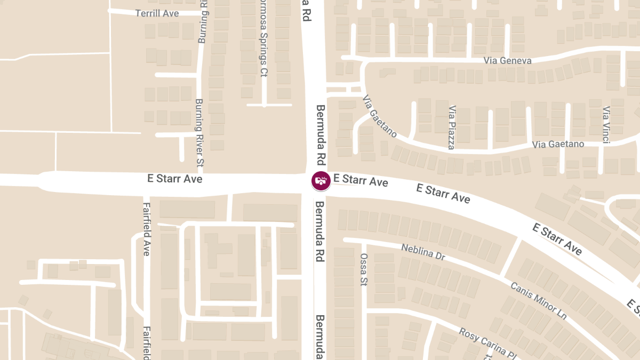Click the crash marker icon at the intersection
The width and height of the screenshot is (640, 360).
point(321,181)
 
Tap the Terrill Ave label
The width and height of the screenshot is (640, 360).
point(157,13)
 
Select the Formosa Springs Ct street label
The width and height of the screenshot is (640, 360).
point(262,39)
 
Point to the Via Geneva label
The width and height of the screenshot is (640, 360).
point(507,60)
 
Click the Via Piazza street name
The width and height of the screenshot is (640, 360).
point(452,127)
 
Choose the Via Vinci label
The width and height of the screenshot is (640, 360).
point(606,125)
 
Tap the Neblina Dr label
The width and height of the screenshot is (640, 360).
point(423,252)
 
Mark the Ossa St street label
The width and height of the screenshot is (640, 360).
point(364,269)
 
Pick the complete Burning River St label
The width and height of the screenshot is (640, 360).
point(199,132)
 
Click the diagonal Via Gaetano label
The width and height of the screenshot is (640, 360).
point(380,116)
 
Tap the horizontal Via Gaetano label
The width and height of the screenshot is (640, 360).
point(558,144)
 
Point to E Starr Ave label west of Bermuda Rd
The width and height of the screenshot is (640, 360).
point(175,179)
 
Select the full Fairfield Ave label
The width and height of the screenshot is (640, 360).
point(146,229)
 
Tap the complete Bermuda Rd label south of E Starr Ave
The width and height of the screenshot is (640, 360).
point(320,231)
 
